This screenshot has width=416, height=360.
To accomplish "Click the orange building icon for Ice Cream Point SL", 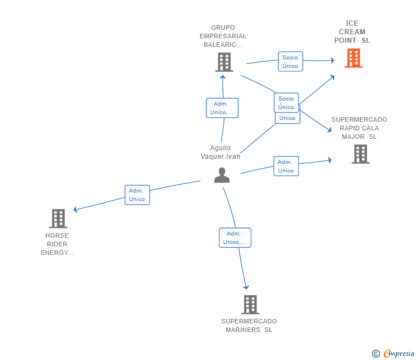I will coord(353,58).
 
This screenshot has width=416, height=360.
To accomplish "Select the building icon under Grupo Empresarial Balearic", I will coord(224,62).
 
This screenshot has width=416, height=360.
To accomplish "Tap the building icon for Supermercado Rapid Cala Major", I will coord(360,154).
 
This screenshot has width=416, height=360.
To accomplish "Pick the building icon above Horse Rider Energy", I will coord(58,218).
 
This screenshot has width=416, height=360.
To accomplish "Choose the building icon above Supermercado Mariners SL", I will coord(250,305).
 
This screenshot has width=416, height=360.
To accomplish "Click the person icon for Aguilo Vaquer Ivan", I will coord(222,175).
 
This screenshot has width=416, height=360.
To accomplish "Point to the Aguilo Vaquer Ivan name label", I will coord(221,152).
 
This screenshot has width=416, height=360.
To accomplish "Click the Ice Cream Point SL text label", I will coord(352,32).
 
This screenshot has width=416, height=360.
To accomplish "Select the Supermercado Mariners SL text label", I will coord(249,326).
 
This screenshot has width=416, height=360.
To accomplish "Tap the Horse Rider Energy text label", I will coord(57,244).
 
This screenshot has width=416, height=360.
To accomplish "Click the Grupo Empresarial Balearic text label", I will coord(223,36).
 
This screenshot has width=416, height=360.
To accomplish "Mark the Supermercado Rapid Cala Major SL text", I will coord(359,128).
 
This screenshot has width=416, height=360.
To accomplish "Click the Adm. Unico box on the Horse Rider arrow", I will coord(137,195).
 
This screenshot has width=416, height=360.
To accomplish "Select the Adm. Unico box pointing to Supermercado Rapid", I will coord(286,166).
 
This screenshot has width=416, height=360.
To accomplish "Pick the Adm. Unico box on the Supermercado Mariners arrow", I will coord(235,238).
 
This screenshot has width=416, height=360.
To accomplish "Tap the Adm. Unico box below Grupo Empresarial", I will coord(222,108).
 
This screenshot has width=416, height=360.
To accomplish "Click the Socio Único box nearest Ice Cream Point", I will coord(290,62).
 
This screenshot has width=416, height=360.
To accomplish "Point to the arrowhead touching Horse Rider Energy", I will coord(75,210).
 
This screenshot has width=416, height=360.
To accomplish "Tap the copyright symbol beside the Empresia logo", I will coord(375,354).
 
